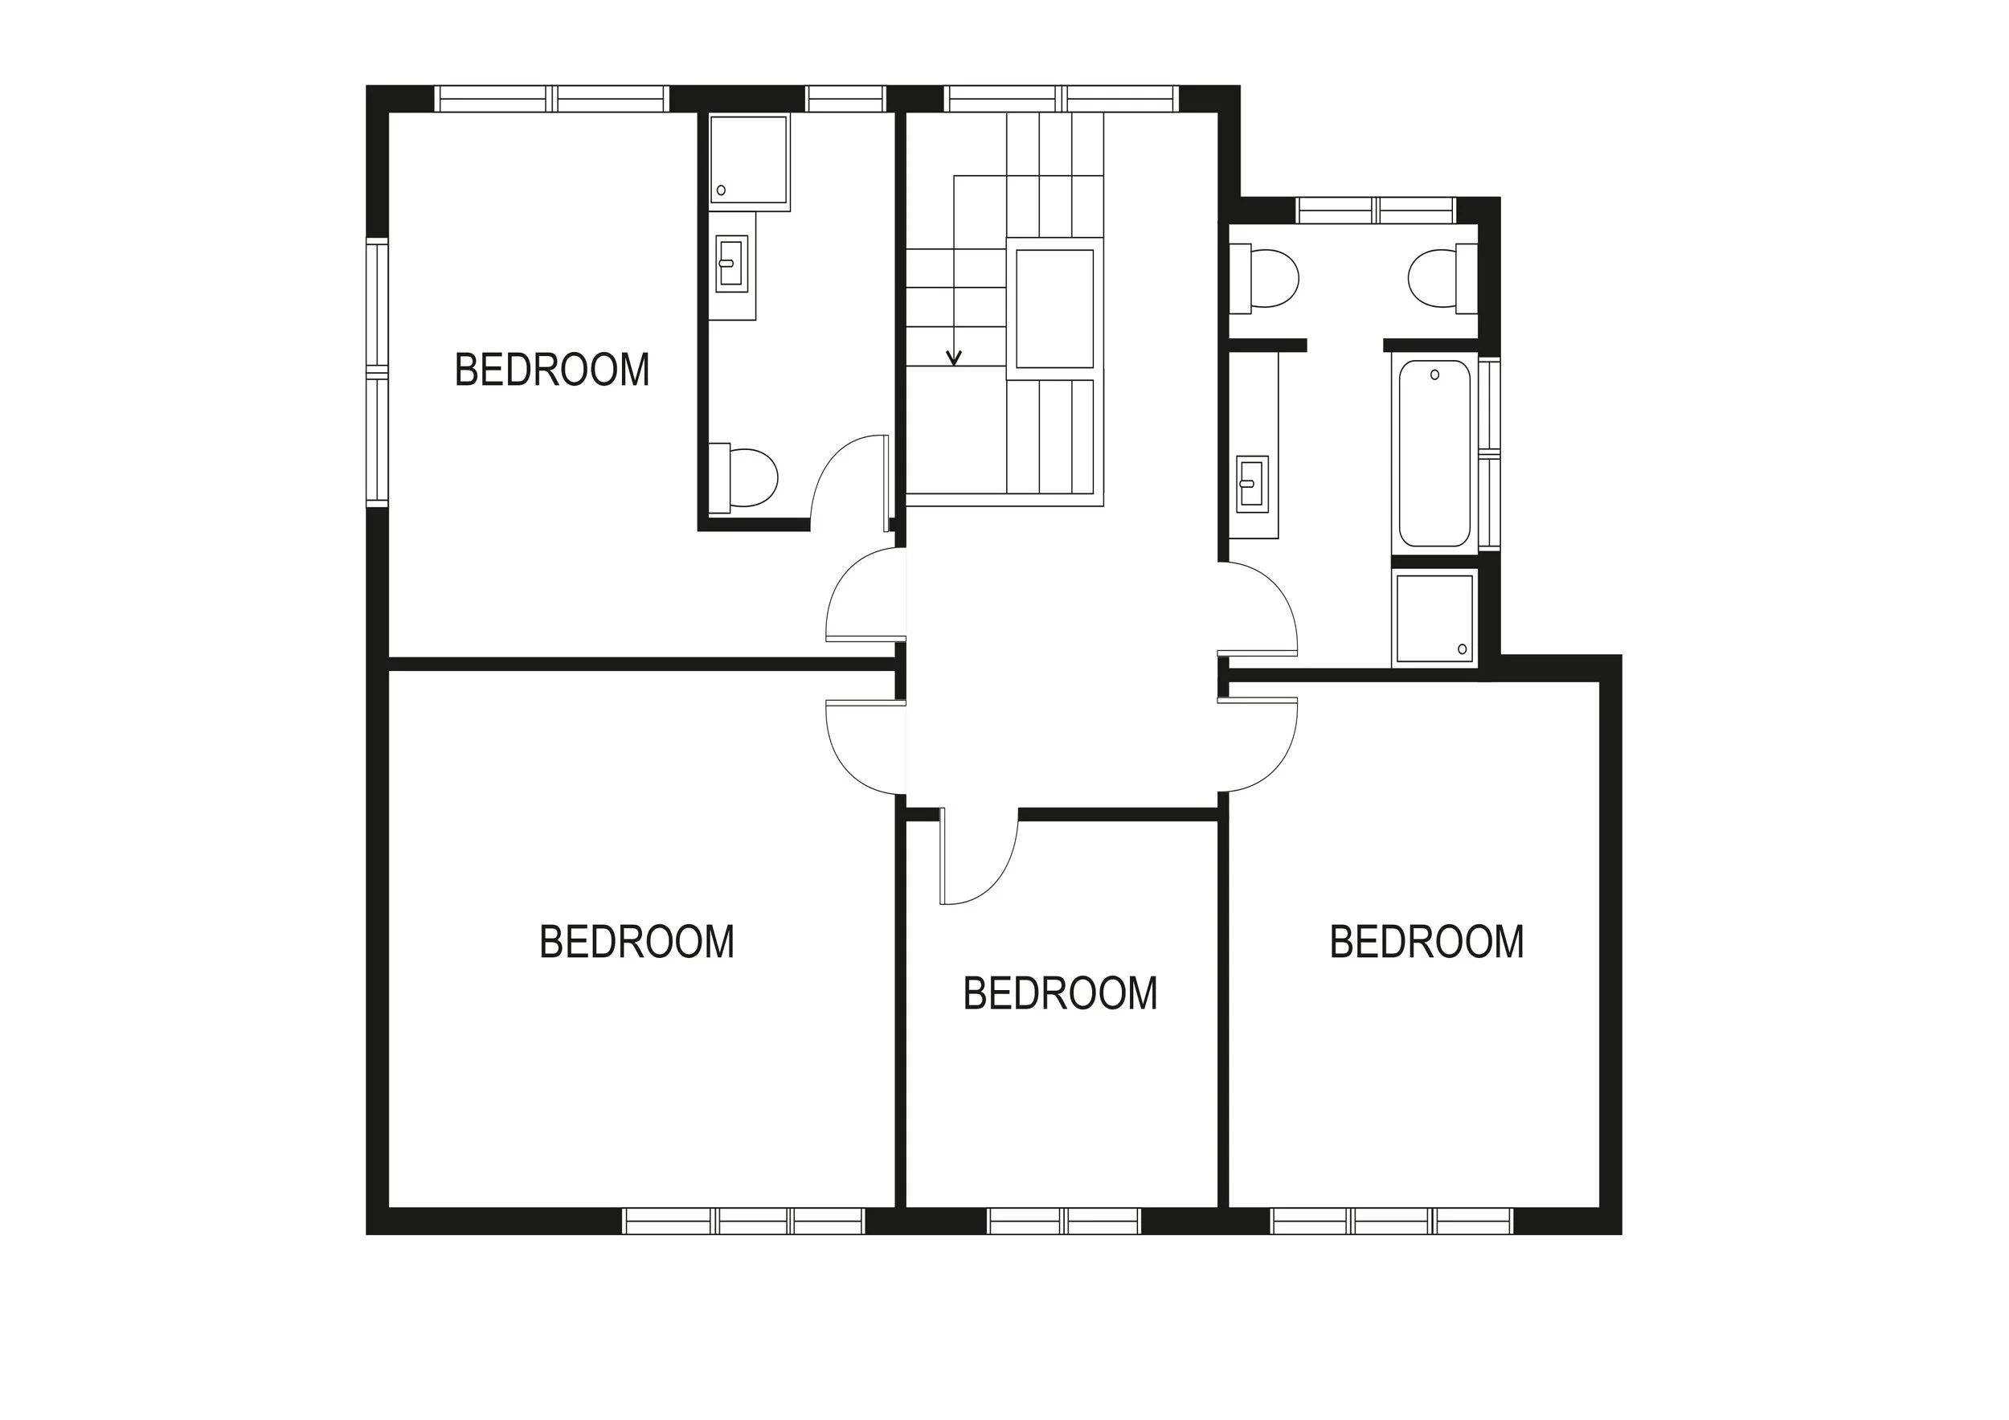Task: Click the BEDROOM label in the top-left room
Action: [551, 370]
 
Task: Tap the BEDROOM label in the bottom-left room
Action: [636, 943]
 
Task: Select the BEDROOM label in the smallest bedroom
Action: [1060, 994]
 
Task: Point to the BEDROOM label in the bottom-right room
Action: [1426, 943]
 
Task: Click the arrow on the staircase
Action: [955, 357]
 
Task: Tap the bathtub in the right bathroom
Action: [1434, 453]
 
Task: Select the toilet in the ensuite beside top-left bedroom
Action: [746, 477]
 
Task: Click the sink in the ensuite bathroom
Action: [731, 264]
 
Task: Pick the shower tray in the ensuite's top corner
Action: [748, 160]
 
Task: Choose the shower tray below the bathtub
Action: [1434, 618]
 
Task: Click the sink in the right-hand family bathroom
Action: [1252, 483]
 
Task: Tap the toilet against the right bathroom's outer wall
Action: [1439, 279]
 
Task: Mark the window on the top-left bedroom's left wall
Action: [376, 374]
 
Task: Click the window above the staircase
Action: [1061, 99]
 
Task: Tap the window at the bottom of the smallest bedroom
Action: [1063, 1221]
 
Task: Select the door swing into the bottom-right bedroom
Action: [1258, 743]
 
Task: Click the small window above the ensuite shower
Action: [845, 99]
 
